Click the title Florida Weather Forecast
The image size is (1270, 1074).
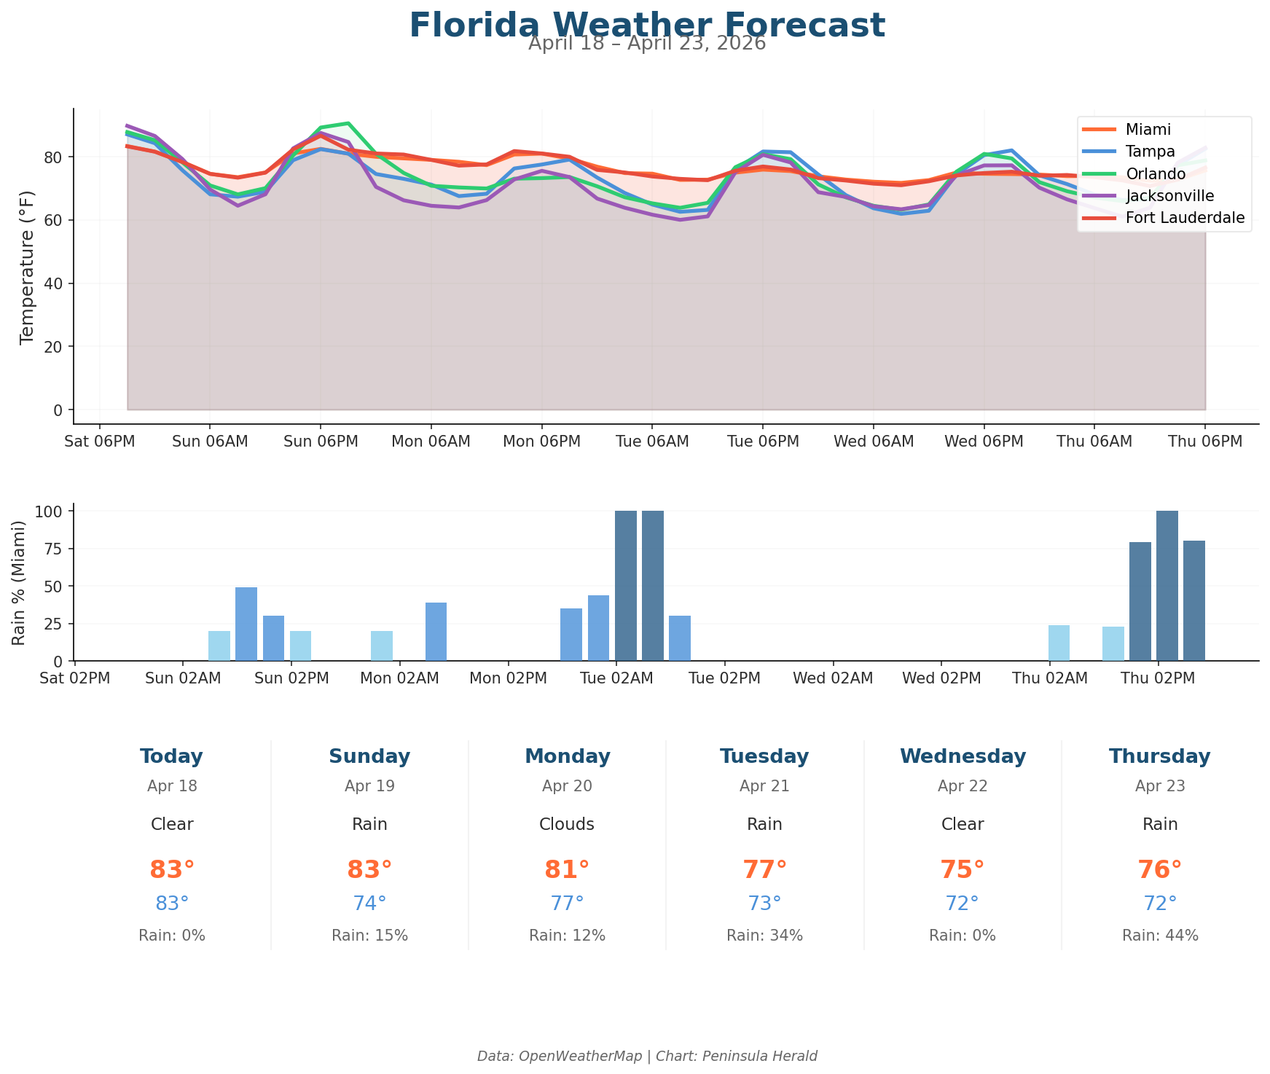646,26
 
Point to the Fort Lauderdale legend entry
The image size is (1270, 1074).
1185,218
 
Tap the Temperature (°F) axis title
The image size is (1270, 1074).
27,266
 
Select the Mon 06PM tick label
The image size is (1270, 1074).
541,442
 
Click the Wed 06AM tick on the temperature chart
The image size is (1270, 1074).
873,442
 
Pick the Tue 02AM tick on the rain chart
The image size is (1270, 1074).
616,678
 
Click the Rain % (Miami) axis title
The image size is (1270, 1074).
20,582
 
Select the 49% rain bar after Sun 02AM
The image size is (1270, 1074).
246,624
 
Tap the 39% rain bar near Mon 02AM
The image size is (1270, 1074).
436,631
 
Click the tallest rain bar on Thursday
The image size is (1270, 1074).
1167,586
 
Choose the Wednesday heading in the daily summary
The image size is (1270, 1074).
963,756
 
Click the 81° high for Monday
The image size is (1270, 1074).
567,870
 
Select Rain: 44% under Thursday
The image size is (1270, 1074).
1160,936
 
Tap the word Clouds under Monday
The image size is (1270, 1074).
567,824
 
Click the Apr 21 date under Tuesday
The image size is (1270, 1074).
764,786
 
